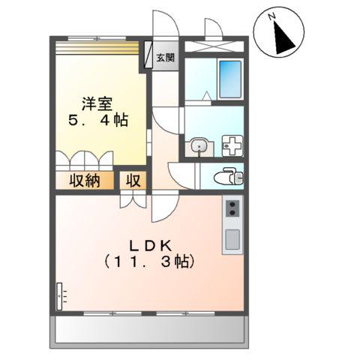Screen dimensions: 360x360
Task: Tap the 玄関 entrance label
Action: point(166,58)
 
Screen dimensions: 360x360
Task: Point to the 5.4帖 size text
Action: point(100,120)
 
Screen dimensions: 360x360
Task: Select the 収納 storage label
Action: point(85,181)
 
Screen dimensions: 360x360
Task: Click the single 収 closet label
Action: point(133,181)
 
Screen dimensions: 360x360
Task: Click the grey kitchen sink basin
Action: point(232,240)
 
